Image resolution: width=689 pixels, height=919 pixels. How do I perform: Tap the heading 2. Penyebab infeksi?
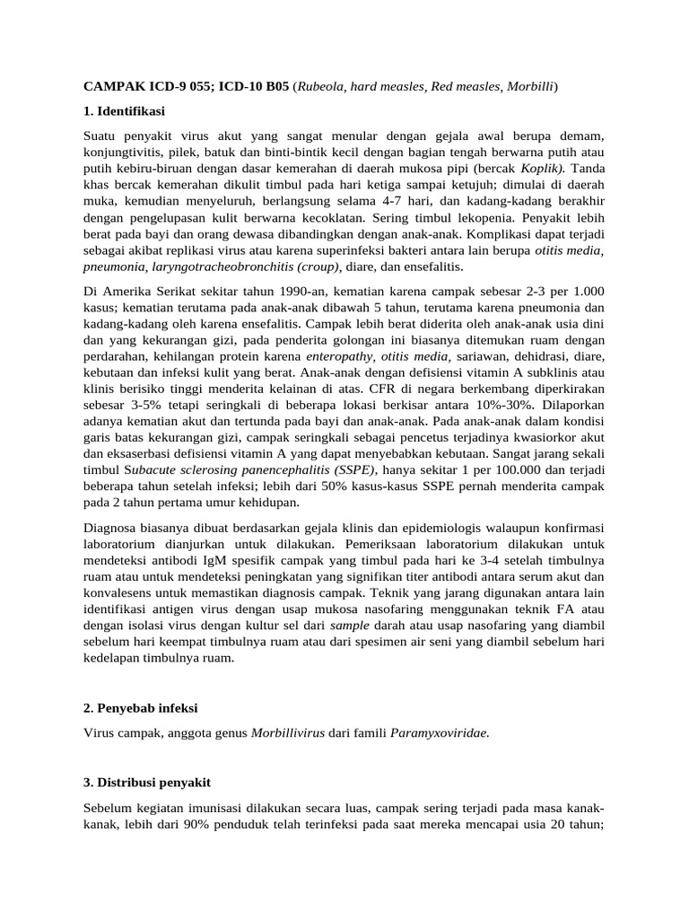tap(141, 709)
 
